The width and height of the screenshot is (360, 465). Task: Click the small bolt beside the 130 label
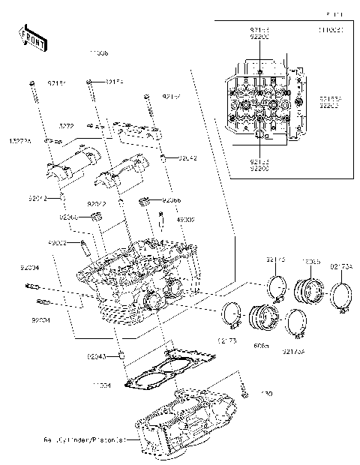(x=244, y=388)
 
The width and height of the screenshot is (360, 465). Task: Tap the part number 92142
(x=187, y=159)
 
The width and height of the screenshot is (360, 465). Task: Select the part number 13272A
(x=19, y=140)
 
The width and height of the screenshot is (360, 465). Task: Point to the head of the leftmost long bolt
(x=32, y=82)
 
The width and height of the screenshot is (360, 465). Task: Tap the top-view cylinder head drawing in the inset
(x=260, y=106)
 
